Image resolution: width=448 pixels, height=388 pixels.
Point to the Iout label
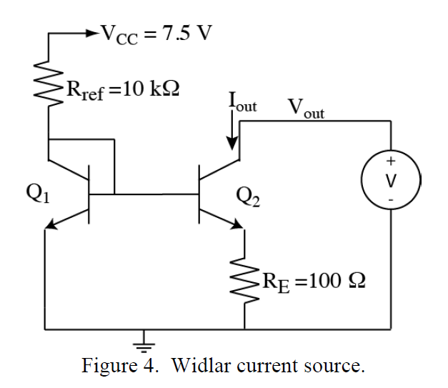[x=242, y=101]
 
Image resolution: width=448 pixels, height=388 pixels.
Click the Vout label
[x=306, y=108]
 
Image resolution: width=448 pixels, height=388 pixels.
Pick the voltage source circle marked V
[x=391, y=176]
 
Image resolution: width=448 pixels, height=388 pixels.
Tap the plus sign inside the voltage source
[x=391, y=161]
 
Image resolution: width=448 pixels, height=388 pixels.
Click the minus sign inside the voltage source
[x=391, y=194]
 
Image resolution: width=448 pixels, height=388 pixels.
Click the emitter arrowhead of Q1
[x=51, y=227]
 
